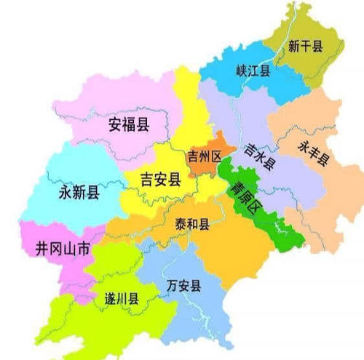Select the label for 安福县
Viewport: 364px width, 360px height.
click(129, 124)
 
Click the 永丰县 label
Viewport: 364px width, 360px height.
click(312, 152)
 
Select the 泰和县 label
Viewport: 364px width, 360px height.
click(193, 225)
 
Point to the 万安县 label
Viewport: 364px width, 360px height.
click(183, 284)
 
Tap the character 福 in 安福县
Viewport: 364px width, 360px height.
click(129, 124)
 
